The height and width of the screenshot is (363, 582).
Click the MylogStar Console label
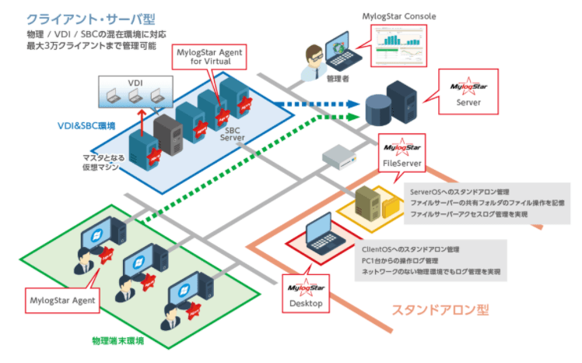coord(398,16)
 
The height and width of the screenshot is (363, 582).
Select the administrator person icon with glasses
coord(315,58)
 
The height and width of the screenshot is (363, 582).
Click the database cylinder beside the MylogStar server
coord(379,107)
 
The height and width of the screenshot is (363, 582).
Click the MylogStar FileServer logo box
coord(401,152)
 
